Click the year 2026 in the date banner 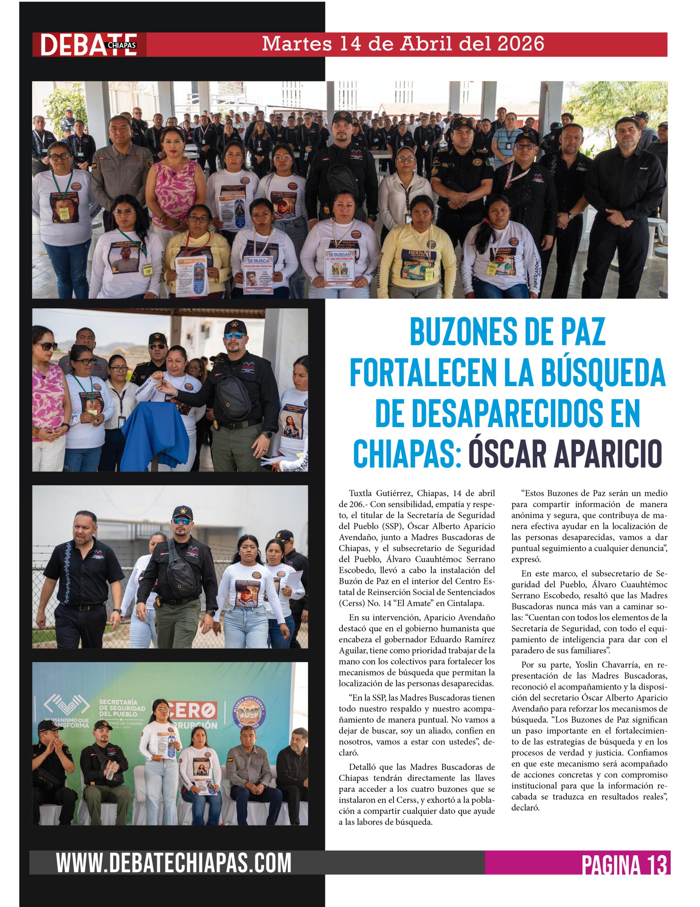coord(520,44)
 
